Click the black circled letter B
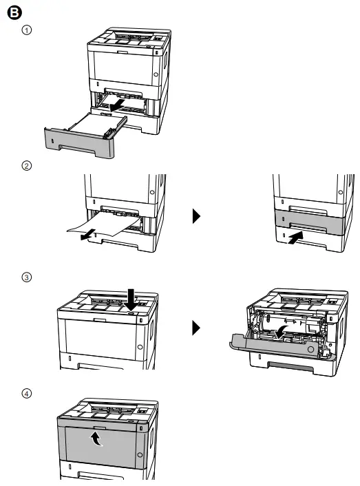pyautogui.click(x=14, y=12)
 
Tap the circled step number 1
pyautogui.click(x=27, y=30)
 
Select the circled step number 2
pyautogui.click(x=27, y=165)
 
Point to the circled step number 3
pyautogui.click(x=27, y=277)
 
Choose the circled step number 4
pyautogui.click(x=27, y=393)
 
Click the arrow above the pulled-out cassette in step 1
pyautogui.click(x=118, y=105)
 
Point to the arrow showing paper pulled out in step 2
pyautogui.click(x=87, y=237)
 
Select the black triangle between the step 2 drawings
pyautogui.click(x=196, y=216)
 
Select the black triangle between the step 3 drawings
pyautogui.click(x=196, y=328)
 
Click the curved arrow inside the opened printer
pyautogui.click(x=282, y=332)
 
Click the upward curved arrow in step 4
pyautogui.click(x=96, y=439)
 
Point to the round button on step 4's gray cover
pyautogui.click(x=140, y=455)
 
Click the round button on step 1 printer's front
pyautogui.click(x=156, y=74)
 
